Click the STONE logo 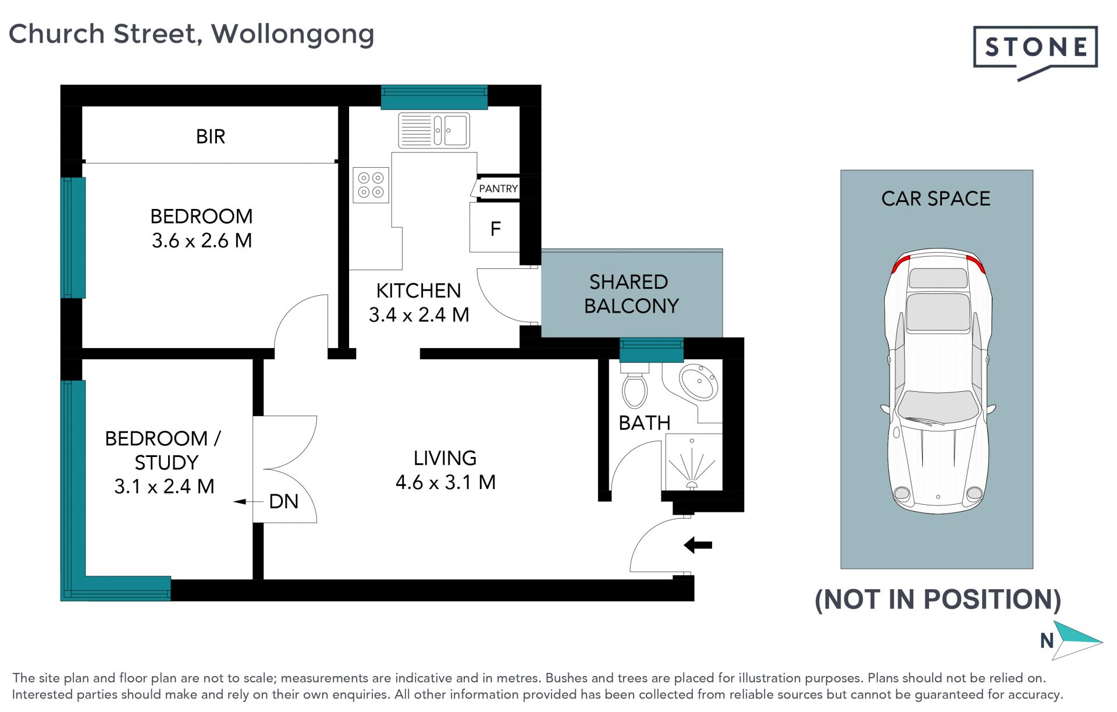click(x=1035, y=52)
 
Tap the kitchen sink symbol click(x=434, y=130)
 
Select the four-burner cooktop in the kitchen click(x=371, y=185)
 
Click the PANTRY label click(x=498, y=189)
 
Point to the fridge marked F click(x=495, y=228)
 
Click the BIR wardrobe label click(x=211, y=136)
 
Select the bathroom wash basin click(x=699, y=382)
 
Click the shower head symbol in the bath click(x=692, y=486)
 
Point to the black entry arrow click(x=698, y=545)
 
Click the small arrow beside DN click(x=248, y=501)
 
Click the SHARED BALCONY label click(x=631, y=293)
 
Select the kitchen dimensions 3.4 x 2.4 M click(x=419, y=314)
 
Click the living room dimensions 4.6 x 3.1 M click(x=446, y=482)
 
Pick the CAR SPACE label click(x=935, y=199)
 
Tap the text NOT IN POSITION click(x=938, y=600)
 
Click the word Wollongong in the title click(x=293, y=35)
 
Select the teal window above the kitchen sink click(x=434, y=97)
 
